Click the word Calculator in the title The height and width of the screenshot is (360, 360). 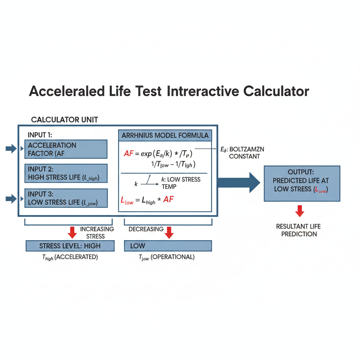tap(276, 91)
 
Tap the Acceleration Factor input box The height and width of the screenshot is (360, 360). tap(66, 149)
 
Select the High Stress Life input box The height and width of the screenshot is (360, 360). tap(66, 173)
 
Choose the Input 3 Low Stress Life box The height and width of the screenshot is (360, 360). tap(66, 198)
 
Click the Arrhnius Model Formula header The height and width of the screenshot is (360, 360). tap(165, 135)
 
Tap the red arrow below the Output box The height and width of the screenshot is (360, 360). tap(300, 211)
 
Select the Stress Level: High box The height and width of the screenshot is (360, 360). tap(70, 246)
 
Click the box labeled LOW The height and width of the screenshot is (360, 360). tap(168, 246)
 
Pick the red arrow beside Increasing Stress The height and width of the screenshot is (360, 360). tap(72, 232)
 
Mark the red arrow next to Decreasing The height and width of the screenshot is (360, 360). tap(169, 232)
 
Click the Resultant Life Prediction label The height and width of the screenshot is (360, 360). tap(299, 230)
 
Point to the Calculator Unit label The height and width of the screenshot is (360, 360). tap(64, 120)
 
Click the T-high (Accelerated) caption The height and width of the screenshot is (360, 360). tap(70, 257)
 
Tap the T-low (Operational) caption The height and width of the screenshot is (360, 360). tap(167, 257)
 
